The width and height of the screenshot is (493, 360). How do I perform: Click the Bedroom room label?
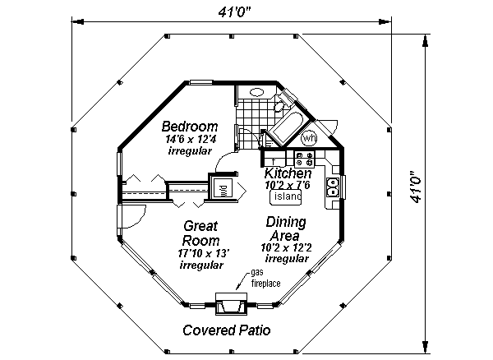click(x=189, y=127)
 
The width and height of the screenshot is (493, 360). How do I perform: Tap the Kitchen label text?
click(x=288, y=174)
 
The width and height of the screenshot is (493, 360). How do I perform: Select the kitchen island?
click(x=288, y=197)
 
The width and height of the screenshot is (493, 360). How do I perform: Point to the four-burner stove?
click(x=304, y=159)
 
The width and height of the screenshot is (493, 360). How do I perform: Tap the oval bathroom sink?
click(x=256, y=93)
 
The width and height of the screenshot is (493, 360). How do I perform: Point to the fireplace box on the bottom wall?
click(x=231, y=306)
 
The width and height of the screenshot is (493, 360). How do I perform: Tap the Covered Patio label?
click(x=226, y=332)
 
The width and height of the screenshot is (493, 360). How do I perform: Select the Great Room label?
click(x=200, y=232)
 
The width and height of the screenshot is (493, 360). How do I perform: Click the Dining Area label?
click(x=286, y=228)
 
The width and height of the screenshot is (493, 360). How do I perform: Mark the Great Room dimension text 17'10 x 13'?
click(x=200, y=254)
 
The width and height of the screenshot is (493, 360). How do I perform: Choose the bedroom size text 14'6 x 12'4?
click(x=190, y=140)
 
